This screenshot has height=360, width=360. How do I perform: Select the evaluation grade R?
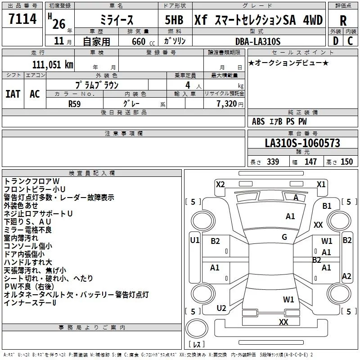coord(343,21)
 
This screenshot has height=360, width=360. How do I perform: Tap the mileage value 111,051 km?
coord(52,65)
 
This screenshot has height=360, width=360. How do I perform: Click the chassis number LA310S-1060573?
coord(302,144)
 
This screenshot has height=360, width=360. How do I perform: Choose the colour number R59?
coord(75,103)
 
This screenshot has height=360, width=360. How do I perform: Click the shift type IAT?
coord(13,94)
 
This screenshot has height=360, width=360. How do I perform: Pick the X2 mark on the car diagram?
coord(220,184)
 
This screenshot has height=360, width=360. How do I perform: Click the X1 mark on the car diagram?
coord(321,184)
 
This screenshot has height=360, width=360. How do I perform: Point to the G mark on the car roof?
coord(284,237)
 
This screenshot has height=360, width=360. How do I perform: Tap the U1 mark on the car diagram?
coord(195,240)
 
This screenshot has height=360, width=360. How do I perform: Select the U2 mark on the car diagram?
coord(221,308)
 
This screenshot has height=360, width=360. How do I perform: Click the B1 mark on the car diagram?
coord(327,206)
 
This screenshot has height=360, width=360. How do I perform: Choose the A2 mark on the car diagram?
coord(346,276)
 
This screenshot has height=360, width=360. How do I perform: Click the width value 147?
coord(310,162)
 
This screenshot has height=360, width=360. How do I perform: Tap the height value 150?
coord(346,162)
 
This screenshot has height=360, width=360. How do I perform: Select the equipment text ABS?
coord(258,121)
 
